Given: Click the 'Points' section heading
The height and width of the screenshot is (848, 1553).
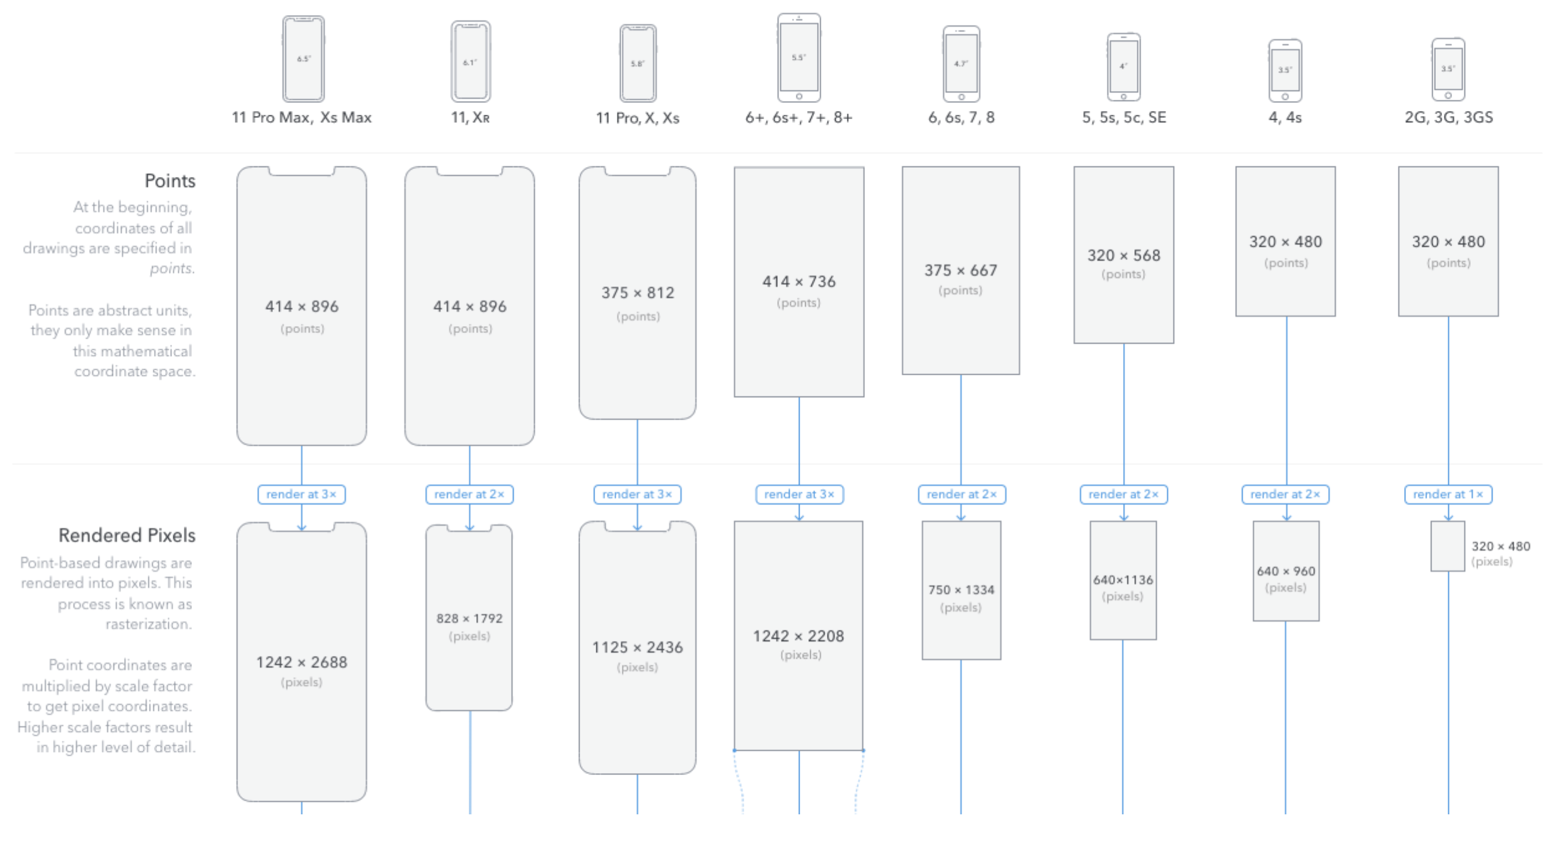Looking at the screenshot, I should (x=170, y=181).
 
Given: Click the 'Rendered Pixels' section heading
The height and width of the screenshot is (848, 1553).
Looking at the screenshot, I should (x=127, y=535).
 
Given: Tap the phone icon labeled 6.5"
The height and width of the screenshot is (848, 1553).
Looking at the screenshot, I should (x=303, y=59).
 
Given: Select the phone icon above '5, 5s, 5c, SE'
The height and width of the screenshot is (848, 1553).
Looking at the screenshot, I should (x=1124, y=67).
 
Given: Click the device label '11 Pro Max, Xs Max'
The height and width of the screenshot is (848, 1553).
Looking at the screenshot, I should (x=302, y=117).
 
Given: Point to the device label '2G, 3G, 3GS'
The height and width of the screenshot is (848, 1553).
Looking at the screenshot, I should (x=1448, y=117).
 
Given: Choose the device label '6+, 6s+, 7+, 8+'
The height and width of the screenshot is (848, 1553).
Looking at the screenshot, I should (x=799, y=117).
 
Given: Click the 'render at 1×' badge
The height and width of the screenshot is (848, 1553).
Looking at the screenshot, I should (x=1448, y=494).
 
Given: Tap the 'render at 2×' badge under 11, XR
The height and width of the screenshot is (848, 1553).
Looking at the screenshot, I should (x=469, y=494).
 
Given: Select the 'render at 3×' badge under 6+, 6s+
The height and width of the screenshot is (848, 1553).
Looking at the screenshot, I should (x=799, y=494).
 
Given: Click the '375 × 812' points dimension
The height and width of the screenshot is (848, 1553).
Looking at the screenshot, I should (x=638, y=293).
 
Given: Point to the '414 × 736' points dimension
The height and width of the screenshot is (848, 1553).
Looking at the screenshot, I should (x=799, y=282).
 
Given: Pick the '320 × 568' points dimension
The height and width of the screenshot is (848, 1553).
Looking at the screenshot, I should (x=1124, y=256).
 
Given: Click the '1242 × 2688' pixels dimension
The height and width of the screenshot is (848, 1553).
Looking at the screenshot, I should (x=302, y=662).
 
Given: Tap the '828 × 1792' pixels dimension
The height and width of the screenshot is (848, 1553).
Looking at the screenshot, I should (x=469, y=619).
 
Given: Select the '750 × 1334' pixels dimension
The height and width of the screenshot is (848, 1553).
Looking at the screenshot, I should (x=961, y=590).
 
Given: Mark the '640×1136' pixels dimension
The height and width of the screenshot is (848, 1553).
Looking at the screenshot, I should (x=1123, y=580).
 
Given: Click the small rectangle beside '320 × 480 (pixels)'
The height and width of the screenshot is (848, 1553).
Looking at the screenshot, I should (x=1447, y=546).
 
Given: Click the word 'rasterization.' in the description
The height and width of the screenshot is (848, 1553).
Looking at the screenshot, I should (x=148, y=624).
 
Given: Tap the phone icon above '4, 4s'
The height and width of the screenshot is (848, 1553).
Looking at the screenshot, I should (x=1285, y=70).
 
